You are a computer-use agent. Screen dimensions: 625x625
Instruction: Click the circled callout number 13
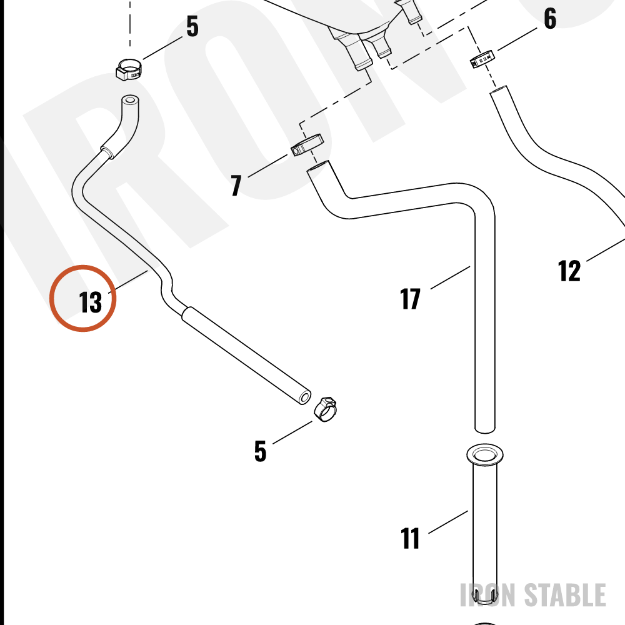click(x=91, y=302)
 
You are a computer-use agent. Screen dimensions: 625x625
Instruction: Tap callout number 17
click(x=410, y=299)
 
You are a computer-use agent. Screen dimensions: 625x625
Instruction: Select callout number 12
click(x=569, y=271)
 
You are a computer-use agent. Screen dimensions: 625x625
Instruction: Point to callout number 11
click(x=410, y=539)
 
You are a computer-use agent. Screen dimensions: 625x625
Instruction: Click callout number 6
click(x=550, y=18)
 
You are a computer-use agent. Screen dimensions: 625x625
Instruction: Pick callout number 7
click(x=236, y=186)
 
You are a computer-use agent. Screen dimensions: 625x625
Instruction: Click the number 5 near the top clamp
click(x=192, y=26)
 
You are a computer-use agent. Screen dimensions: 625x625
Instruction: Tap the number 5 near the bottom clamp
click(x=260, y=451)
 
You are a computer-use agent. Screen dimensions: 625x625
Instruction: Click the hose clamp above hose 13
click(x=129, y=69)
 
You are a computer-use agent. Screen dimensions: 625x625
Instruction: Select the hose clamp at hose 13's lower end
click(x=325, y=409)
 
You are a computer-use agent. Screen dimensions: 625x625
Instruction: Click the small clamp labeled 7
click(x=307, y=145)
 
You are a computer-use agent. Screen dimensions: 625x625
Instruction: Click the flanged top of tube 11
click(x=485, y=454)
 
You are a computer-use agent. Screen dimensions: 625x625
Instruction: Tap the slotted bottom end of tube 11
click(x=485, y=595)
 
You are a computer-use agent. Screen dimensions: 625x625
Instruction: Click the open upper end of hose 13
click(x=130, y=99)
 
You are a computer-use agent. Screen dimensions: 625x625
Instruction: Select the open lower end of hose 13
click(x=305, y=397)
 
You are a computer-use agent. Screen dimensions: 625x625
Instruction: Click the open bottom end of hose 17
click(x=485, y=429)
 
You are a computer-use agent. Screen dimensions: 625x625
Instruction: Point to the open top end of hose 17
click(x=318, y=166)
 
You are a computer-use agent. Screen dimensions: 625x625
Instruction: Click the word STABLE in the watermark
click(x=565, y=595)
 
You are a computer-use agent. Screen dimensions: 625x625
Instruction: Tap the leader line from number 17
click(x=451, y=277)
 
